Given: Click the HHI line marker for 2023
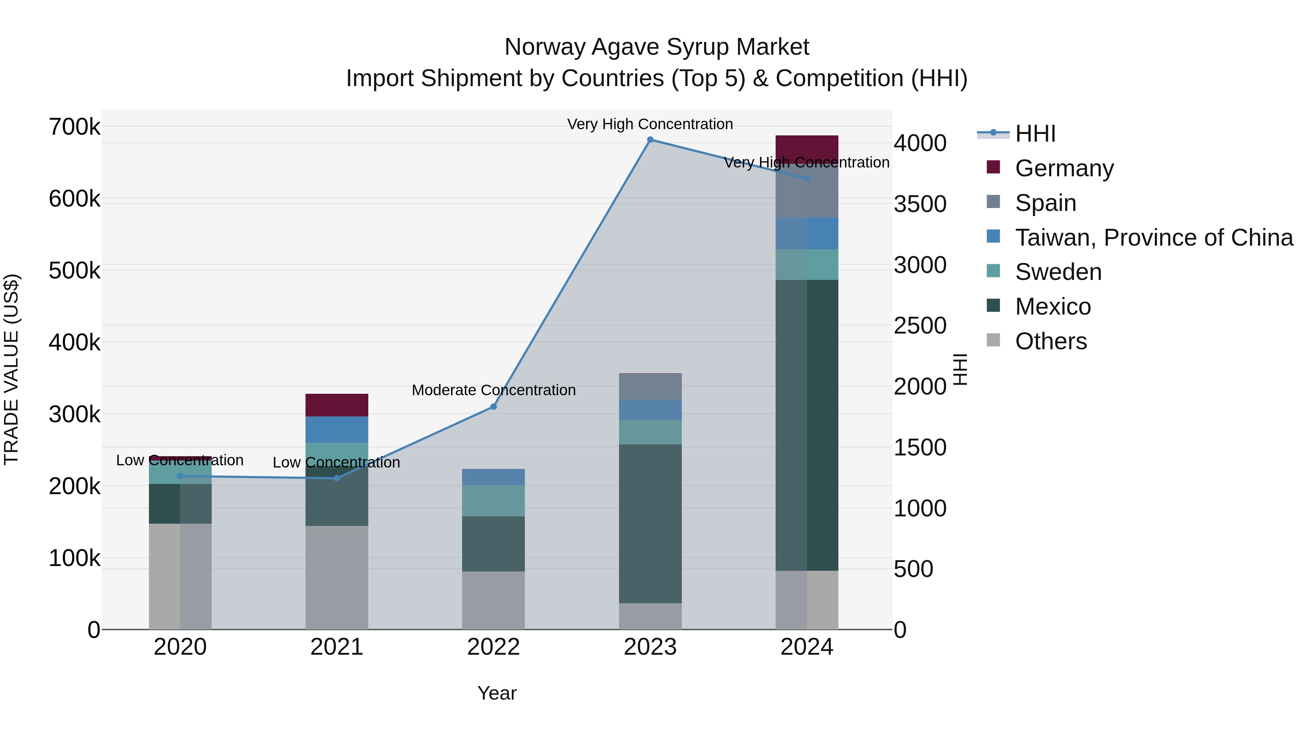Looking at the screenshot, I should click(650, 140).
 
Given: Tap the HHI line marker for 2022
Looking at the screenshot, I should click(493, 407).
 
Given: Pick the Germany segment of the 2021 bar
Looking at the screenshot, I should click(337, 405).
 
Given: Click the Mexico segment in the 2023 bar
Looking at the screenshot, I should click(650, 523).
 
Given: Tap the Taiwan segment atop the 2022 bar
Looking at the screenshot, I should click(493, 477).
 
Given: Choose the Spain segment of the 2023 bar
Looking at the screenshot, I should click(650, 386).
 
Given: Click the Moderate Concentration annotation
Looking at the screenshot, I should click(493, 390).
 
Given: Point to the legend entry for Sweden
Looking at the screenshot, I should click(1058, 272).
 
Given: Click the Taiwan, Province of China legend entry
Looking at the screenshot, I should click(1153, 238).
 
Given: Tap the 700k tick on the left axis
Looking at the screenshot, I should click(74, 127).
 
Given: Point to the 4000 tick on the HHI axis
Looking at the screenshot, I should click(920, 143).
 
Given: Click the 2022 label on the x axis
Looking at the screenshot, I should click(493, 647).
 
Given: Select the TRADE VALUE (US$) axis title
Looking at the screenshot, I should click(12, 369).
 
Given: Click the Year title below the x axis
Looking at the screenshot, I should click(497, 693).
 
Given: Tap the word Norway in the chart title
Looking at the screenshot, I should click(544, 47).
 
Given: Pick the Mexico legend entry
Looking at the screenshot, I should click(1052, 307).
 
